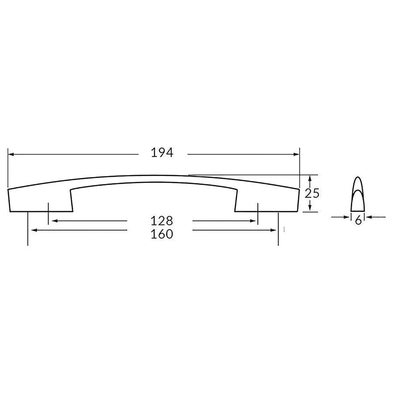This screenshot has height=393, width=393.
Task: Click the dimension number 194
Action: (x=162, y=153)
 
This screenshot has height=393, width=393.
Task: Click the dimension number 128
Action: (x=162, y=220)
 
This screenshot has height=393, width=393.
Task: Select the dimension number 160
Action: (x=162, y=234)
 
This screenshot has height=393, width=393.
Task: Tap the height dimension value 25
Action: (x=312, y=193)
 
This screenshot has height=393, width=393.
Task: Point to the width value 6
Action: (x=358, y=221)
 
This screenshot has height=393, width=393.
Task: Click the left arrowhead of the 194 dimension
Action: (x=11, y=154)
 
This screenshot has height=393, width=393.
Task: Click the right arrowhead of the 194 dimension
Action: (x=297, y=154)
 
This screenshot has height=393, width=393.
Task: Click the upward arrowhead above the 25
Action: (x=309, y=178)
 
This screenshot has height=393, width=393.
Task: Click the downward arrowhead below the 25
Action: (x=309, y=208)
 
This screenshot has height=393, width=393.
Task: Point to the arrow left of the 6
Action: (x=347, y=217)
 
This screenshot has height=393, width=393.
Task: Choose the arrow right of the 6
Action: (x=369, y=217)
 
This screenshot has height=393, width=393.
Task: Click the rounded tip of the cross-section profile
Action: (x=358, y=178)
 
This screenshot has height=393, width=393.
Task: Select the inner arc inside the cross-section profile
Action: (x=358, y=192)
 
